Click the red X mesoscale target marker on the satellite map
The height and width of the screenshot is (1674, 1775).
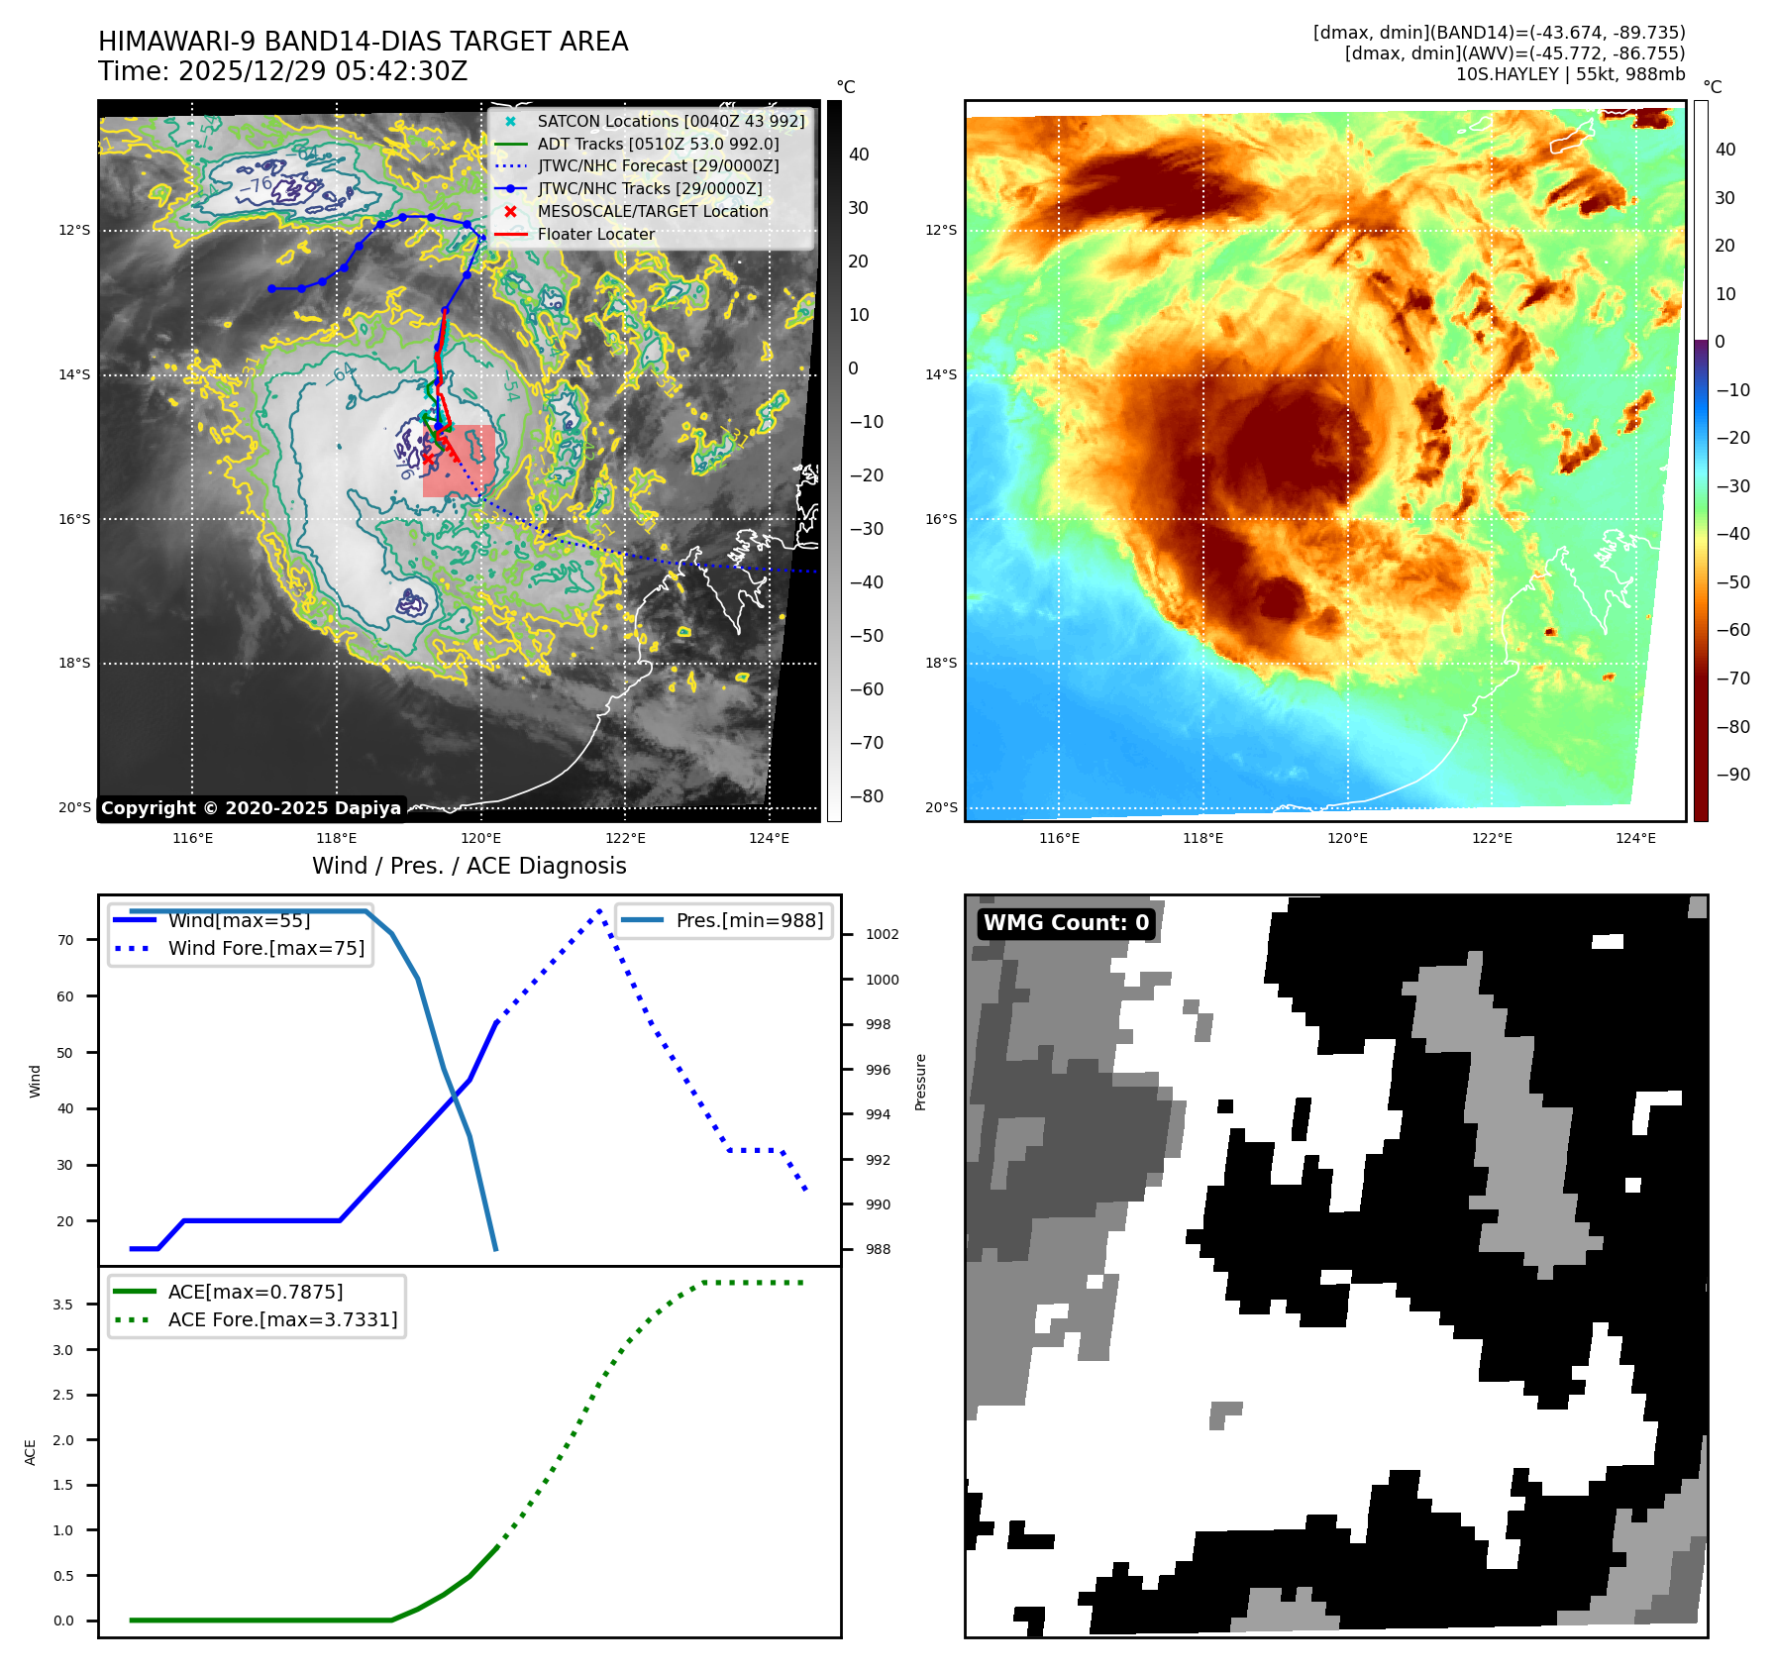pyautogui.click(x=427, y=458)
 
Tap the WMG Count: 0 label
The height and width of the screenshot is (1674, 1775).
pyautogui.click(x=1066, y=923)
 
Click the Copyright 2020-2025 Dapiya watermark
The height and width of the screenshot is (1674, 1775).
pyautogui.click(x=251, y=808)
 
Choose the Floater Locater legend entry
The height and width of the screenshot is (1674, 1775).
pyautogui.click(x=595, y=235)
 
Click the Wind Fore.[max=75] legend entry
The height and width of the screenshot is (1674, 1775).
pyautogui.click(x=265, y=949)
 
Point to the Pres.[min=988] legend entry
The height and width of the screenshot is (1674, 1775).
pyautogui.click(x=749, y=921)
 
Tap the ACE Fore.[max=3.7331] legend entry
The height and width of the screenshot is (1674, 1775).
pyautogui.click(x=282, y=1320)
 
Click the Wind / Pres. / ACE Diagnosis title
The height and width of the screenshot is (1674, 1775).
pyautogui.click(x=469, y=867)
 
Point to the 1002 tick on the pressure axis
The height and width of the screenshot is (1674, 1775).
pyautogui.click(x=882, y=935)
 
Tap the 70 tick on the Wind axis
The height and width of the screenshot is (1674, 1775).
pyautogui.click(x=65, y=940)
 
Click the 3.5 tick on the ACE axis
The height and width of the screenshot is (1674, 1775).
pyautogui.click(x=63, y=1305)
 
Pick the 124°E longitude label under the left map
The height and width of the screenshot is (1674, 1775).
pyautogui.click(x=769, y=839)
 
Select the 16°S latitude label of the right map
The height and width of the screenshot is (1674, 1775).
pyautogui.click(x=941, y=519)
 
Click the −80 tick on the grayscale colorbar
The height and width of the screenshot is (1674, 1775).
pyautogui.click(x=866, y=796)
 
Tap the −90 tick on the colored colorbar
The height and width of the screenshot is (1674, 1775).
pyautogui.click(x=1732, y=775)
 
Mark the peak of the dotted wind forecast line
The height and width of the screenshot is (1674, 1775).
pyautogui.click(x=600, y=910)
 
